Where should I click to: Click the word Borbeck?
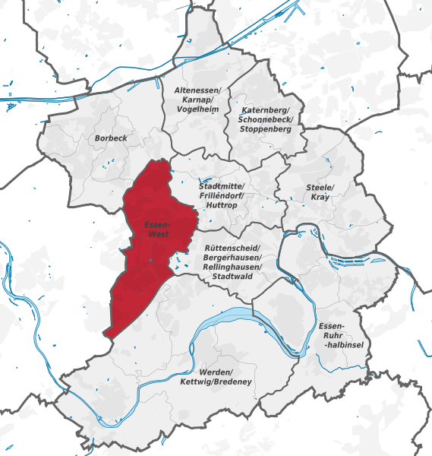coord(111,138)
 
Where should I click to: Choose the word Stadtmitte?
coord(220,186)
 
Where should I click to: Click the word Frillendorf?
coord(220,195)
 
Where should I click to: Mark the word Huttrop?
coord(221,205)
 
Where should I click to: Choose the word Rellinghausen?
coord(233,268)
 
